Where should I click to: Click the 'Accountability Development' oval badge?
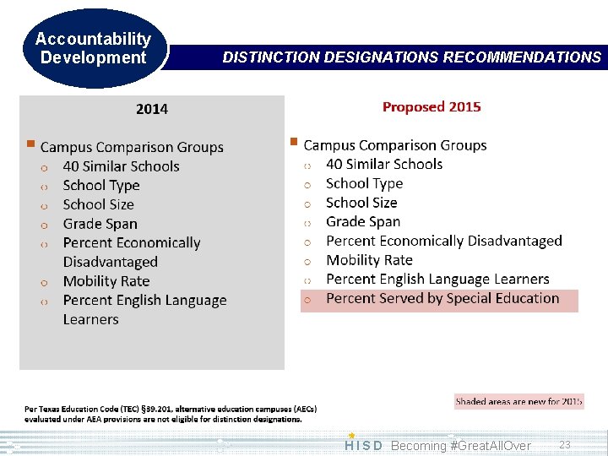click(93, 49)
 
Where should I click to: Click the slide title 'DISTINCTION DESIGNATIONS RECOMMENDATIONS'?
click(411, 57)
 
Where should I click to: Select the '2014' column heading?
click(152, 109)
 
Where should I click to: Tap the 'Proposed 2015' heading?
click(432, 106)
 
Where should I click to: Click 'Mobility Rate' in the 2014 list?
click(106, 281)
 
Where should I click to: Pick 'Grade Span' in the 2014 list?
click(100, 224)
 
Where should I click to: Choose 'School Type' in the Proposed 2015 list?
click(364, 183)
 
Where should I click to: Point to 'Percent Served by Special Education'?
click(442, 298)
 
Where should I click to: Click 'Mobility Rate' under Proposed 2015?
click(369, 260)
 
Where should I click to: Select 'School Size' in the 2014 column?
click(98, 204)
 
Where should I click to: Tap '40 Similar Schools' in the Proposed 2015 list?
click(384, 164)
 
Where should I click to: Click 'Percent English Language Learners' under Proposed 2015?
click(437, 279)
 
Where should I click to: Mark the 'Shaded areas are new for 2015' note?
click(518, 401)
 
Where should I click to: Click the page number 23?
click(565, 445)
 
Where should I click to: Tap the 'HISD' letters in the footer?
click(364, 446)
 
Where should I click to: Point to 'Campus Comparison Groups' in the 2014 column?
click(132, 147)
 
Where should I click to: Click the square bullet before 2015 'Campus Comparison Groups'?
click(294, 142)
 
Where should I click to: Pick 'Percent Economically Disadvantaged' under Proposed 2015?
click(443, 241)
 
